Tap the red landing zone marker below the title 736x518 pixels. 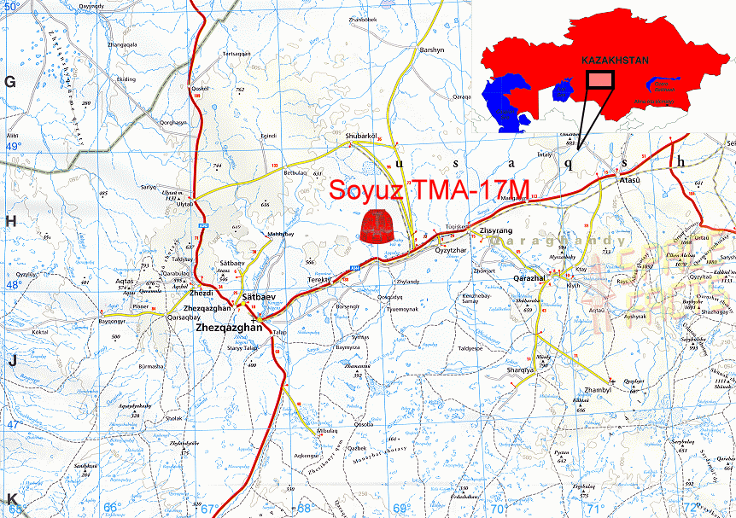[x=378, y=226]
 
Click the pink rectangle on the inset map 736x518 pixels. [x=601, y=79]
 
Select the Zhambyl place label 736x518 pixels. [x=599, y=390]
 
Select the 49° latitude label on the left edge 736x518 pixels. [x=13, y=147]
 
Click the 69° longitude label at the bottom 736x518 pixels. [x=400, y=509]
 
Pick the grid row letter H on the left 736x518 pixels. [x=11, y=221]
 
